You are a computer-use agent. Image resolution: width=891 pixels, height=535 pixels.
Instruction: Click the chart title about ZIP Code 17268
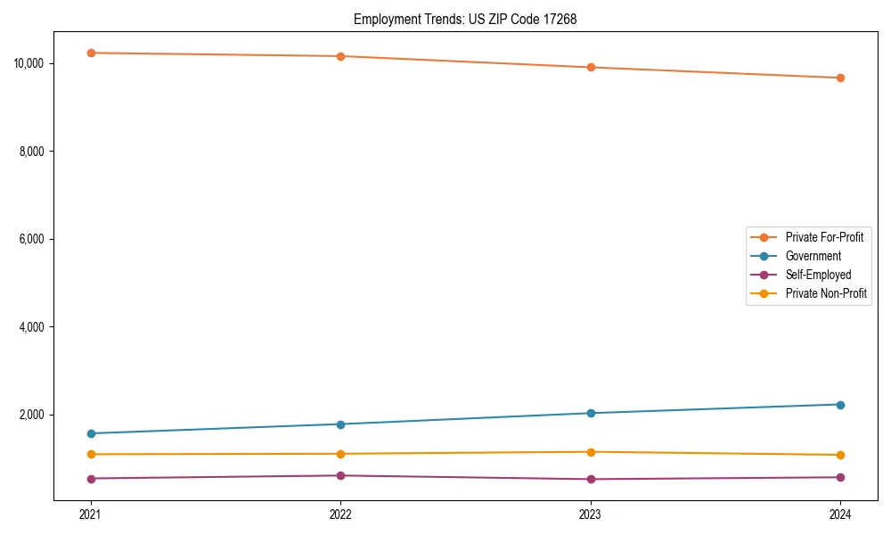(465, 19)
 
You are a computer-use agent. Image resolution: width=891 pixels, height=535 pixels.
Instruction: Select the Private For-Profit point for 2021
(90, 53)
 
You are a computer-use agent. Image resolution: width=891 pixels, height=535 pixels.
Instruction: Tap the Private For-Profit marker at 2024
(840, 78)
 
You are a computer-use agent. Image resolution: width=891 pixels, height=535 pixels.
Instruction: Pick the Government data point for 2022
(340, 424)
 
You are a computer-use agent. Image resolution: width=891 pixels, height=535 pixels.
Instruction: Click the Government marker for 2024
(840, 405)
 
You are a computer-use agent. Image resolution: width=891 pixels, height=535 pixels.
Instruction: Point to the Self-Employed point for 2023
(590, 480)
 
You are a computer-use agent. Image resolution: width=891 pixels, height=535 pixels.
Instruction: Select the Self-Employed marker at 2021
(90, 479)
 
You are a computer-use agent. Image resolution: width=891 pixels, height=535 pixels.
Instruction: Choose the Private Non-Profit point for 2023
(590, 452)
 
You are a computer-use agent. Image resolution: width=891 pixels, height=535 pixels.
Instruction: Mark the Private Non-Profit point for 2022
(340, 454)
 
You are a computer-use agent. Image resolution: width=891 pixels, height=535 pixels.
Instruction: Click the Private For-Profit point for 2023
(590, 67)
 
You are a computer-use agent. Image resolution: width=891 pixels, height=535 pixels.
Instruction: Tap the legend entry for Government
(813, 256)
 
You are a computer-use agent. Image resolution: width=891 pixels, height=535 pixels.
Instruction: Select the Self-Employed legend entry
(818, 275)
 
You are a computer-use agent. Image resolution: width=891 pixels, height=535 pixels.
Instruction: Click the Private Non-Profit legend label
(826, 293)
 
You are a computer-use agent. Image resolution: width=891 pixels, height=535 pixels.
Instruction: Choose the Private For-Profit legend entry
(824, 237)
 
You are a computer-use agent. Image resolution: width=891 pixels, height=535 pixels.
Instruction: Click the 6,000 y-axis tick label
(34, 239)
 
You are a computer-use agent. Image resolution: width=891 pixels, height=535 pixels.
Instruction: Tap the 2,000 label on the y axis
(34, 415)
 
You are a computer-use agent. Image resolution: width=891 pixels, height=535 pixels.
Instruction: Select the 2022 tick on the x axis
(340, 514)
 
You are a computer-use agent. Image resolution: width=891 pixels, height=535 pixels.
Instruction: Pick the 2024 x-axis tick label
(840, 514)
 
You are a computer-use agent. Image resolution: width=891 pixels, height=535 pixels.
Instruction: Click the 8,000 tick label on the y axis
(34, 152)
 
